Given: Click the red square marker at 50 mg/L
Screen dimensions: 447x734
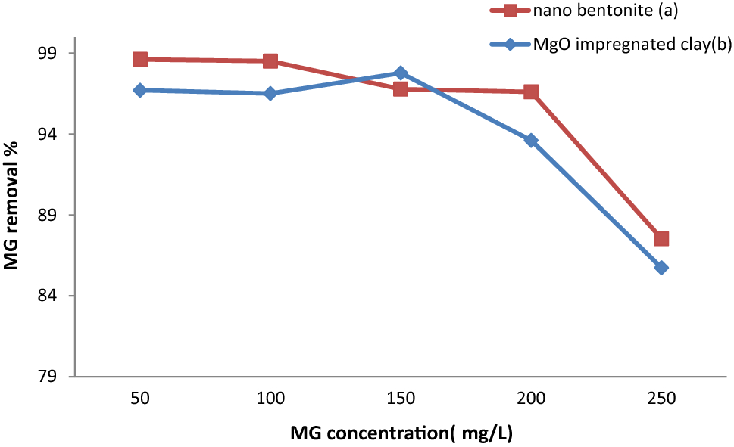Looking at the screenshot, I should (140, 59).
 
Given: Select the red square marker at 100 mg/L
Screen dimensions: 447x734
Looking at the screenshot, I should (270, 61).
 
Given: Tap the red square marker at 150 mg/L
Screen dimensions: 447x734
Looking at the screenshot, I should (401, 88).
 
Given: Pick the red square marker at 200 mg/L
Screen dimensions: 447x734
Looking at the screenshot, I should (531, 92).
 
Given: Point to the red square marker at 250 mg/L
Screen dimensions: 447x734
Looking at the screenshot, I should (661, 238).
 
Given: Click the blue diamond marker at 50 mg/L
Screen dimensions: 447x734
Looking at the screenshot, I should (140, 90).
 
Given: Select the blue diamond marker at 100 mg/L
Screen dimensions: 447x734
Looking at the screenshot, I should (270, 93).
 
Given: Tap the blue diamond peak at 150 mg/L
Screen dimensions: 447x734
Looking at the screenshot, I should (401, 73).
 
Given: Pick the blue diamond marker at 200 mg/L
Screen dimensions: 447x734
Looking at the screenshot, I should (531, 140).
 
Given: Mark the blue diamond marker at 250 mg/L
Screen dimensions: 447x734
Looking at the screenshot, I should (661, 268).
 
